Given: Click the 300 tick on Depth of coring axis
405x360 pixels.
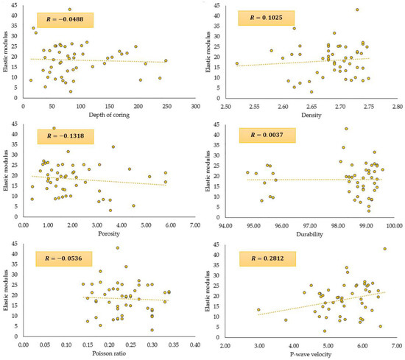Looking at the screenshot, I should click(195, 106).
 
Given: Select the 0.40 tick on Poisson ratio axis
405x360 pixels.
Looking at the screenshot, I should click(195, 344).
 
